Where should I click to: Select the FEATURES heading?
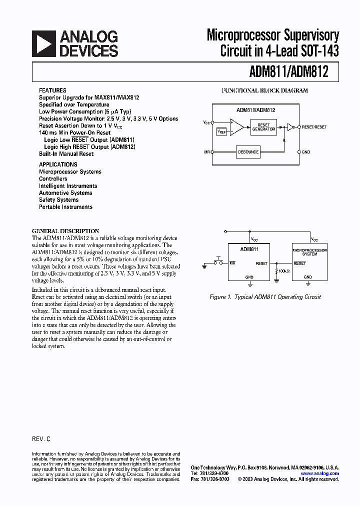tap(52, 90)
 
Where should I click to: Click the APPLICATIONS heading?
tap(58, 164)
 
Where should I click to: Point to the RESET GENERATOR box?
tap(263, 127)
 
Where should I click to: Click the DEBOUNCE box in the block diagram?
tap(248, 152)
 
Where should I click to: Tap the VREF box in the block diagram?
tap(221, 131)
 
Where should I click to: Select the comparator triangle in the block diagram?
tap(236, 127)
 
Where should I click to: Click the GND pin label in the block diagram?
tap(306, 152)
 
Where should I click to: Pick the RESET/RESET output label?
tap(314, 127)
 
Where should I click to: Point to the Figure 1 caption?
tap(265, 297)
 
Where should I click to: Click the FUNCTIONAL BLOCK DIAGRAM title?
tap(264, 90)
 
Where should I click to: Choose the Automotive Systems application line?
tap(65, 193)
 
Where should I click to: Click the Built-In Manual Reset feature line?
tap(66, 154)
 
